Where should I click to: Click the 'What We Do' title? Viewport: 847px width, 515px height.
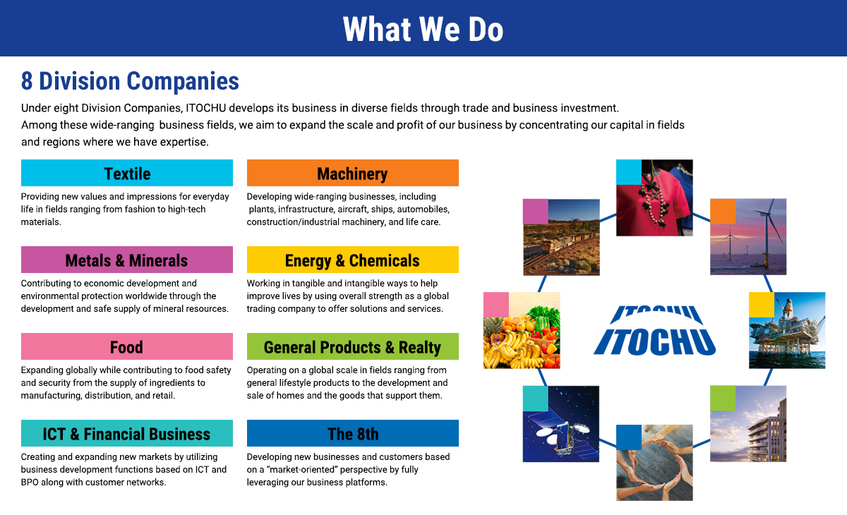[x=423, y=29]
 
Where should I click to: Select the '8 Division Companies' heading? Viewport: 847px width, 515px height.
[x=130, y=81]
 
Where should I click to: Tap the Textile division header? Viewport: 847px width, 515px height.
[x=127, y=173]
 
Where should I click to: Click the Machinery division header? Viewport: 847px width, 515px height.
[x=353, y=173]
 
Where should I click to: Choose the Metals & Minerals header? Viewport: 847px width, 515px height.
[x=127, y=260]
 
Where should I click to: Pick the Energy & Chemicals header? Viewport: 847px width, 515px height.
[x=353, y=260]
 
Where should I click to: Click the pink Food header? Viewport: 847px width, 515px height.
[x=127, y=346]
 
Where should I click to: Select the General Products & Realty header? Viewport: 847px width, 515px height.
[x=353, y=346]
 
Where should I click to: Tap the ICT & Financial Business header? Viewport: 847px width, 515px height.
[x=127, y=433]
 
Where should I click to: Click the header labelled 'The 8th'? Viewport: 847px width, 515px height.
[x=353, y=433]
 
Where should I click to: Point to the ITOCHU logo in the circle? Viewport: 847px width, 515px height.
[x=654, y=331]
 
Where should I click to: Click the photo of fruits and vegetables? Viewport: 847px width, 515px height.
[x=522, y=330]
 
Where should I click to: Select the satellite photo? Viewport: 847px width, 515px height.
[x=561, y=424]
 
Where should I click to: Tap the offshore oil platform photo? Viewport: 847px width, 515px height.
[x=787, y=330]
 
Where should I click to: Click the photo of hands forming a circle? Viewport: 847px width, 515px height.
[x=654, y=463]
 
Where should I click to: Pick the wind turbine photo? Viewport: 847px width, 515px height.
[x=748, y=236]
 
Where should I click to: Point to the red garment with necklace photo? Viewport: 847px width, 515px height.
[x=654, y=198]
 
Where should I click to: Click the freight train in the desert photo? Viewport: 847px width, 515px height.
[x=561, y=237]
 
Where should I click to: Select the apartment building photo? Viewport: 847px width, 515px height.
[x=748, y=423]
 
